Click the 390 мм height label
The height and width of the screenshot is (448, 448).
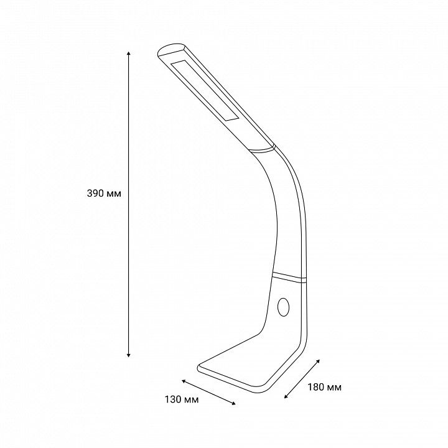(104, 194)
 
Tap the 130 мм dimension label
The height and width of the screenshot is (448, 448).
(182, 399)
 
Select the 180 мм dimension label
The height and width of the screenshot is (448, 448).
(324, 387)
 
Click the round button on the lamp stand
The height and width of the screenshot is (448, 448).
(283, 307)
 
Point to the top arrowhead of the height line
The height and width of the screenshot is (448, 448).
(129, 53)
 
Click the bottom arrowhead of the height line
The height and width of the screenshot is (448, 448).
(129, 355)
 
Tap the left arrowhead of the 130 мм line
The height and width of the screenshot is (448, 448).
(184, 381)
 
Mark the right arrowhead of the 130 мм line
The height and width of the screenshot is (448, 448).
(234, 403)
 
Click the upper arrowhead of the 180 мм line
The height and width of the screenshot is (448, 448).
(318, 362)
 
